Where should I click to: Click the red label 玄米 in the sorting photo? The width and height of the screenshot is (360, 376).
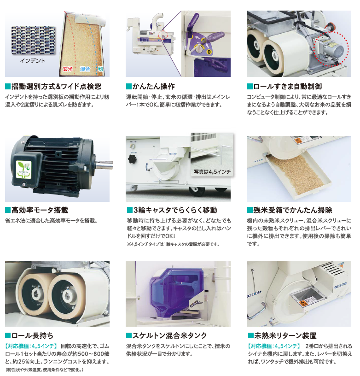(68, 69)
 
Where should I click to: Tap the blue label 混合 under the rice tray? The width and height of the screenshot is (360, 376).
(85, 69)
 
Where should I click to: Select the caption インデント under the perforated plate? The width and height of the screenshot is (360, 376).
(33, 61)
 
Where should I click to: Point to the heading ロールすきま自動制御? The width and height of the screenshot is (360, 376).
(288, 86)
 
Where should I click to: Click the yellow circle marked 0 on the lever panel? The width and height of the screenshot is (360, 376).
(209, 52)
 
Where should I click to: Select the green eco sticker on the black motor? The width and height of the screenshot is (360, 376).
(24, 169)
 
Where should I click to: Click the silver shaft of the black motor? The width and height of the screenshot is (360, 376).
(105, 165)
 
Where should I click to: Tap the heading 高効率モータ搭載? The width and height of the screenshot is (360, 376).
(40, 210)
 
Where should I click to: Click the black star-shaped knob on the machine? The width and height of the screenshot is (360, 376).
(133, 159)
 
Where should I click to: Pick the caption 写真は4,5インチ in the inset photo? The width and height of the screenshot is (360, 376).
(212, 172)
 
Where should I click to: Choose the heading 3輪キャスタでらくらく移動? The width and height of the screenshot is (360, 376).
(175, 210)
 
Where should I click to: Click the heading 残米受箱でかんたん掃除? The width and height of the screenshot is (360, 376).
(293, 210)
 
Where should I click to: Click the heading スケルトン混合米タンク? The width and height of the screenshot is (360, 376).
(169, 335)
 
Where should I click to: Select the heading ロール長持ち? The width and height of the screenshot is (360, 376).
(32, 335)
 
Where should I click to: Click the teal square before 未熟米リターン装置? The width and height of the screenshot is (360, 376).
(250, 335)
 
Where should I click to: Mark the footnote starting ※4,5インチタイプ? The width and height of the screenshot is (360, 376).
(173, 244)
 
